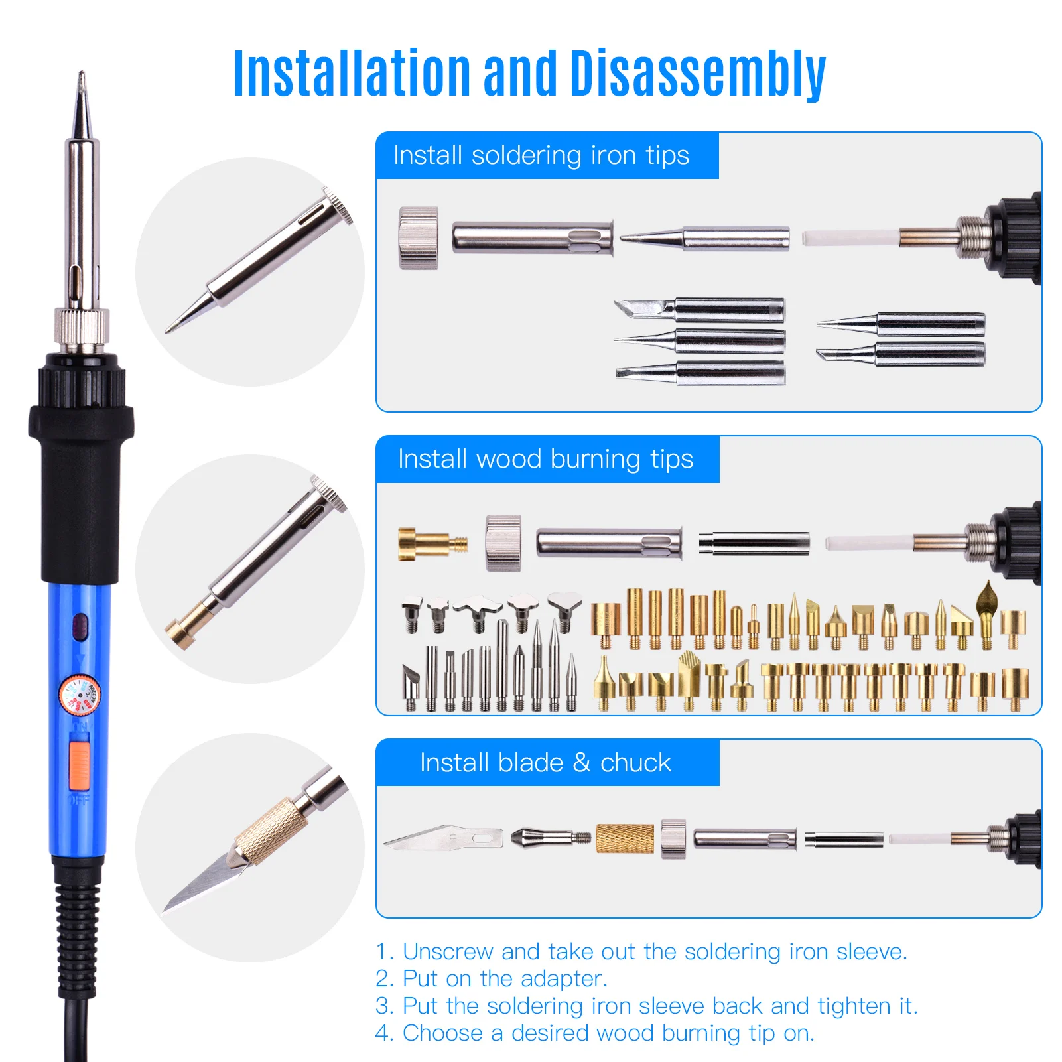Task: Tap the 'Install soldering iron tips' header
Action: [x=541, y=156]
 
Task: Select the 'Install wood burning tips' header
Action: [x=545, y=459]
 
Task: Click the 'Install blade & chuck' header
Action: [x=545, y=763]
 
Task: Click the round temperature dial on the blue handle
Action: [x=80, y=695]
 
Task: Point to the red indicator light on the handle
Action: [x=80, y=626]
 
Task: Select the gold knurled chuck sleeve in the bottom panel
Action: [x=624, y=838]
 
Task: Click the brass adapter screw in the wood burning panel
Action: [x=431, y=544]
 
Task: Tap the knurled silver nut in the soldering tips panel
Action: [x=418, y=237]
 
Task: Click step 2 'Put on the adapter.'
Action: [x=491, y=979]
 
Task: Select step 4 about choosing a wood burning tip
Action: [x=594, y=1033]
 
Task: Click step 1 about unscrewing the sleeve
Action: [x=641, y=952]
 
